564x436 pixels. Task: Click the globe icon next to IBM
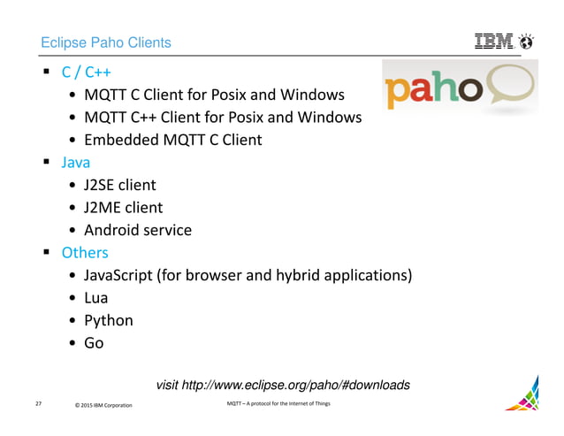coord(528,42)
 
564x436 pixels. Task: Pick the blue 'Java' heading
coord(75,163)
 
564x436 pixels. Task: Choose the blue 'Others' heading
coord(85,253)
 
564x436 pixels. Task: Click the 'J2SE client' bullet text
coord(120,185)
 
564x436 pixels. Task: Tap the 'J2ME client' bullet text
coord(123,208)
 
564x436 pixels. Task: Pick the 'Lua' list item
coord(95,298)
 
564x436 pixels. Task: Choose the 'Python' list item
coord(109,320)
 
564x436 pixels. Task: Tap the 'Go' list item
coord(94,343)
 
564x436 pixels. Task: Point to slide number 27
coord(39,404)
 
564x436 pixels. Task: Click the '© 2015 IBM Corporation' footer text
coord(103,405)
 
